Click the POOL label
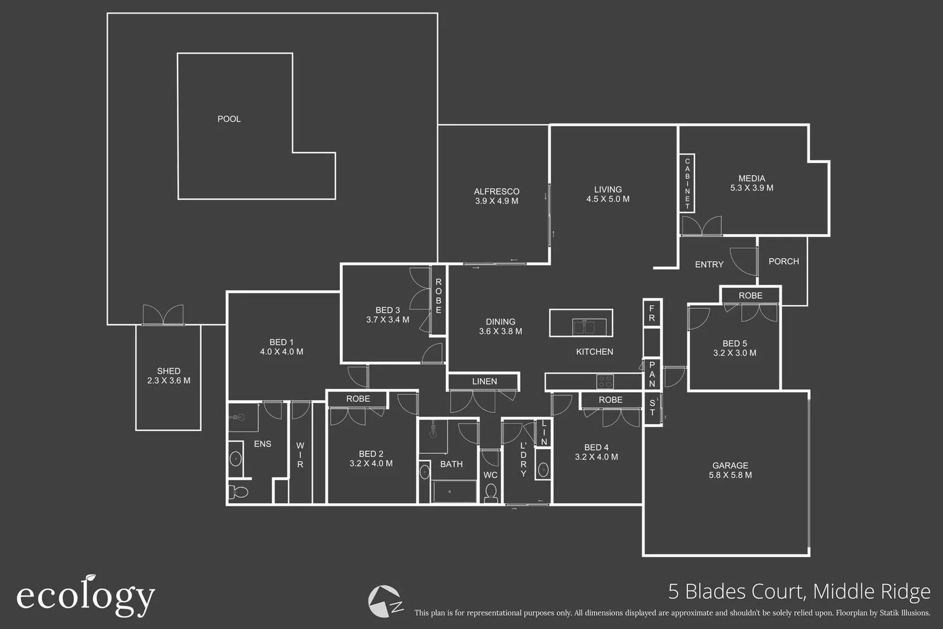pyautogui.click(x=229, y=119)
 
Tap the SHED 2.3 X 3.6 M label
pyautogui.click(x=169, y=376)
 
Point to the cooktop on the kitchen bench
pyautogui.click(x=605, y=382)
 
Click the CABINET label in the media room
pyautogui.click(x=687, y=183)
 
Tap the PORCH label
pyautogui.click(x=784, y=262)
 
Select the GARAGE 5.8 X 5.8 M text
pyautogui.click(x=730, y=470)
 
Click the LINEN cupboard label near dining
pyautogui.click(x=484, y=381)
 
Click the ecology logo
pyautogui.click(x=86, y=596)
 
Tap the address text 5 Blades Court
pyautogui.click(x=799, y=592)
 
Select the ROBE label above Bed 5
pyautogui.click(x=750, y=296)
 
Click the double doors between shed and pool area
pyautogui.click(x=163, y=316)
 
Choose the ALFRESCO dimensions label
pyautogui.click(x=497, y=201)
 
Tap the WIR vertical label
pyautogui.click(x=300, y=455)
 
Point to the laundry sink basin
pyautogui.click(x=543, y=469)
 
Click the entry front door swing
pyautogui.click(x=744, y=262)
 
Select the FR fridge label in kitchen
pyautogui.click(x=652, y=313)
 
